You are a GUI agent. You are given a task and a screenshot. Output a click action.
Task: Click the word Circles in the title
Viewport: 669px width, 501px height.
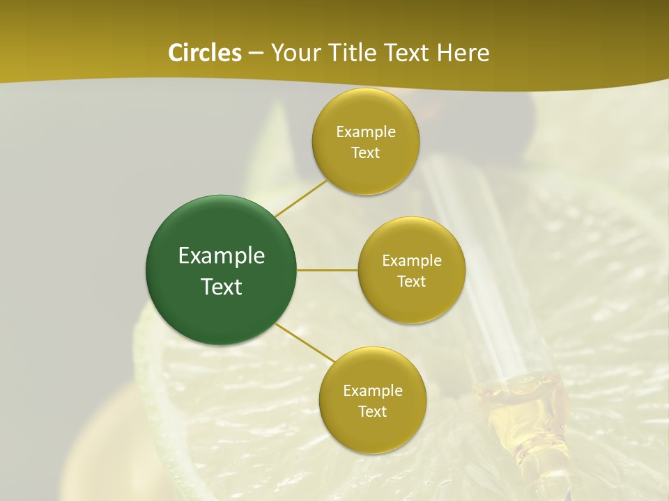pos(204,53)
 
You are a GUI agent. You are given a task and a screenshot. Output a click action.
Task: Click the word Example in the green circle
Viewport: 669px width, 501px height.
pos(222,256)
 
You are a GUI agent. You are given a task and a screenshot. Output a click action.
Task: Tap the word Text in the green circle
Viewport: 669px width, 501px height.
pos(222,287)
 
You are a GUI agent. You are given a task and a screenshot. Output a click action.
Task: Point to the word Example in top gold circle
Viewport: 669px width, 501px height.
pos(366,132)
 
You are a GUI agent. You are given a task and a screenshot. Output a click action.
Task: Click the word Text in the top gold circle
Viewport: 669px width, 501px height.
pos(366,153)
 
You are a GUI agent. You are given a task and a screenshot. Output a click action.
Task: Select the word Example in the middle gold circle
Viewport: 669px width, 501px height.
pos(412,261)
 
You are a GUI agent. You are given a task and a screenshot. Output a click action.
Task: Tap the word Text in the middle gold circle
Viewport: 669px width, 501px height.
pos(412,282)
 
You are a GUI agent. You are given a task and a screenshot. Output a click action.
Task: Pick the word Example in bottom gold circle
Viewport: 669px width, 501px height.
pos(373,391)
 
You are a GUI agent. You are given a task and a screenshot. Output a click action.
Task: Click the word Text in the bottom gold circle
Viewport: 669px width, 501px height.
pos(373,412)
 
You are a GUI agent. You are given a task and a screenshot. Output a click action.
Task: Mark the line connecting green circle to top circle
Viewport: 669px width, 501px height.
pos(301,198)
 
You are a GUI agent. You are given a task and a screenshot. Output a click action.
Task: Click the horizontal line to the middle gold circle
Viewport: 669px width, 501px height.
pos(328,270)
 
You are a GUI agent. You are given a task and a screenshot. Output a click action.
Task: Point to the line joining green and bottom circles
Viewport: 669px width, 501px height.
pos(305,342)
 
